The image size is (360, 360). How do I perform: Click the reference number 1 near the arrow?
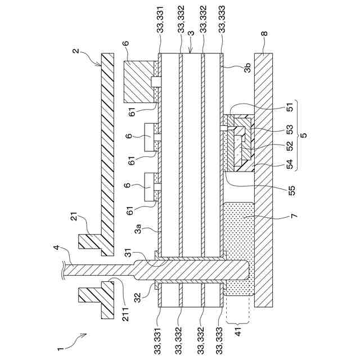click(60, 346)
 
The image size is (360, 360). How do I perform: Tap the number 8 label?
click(264, 33)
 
